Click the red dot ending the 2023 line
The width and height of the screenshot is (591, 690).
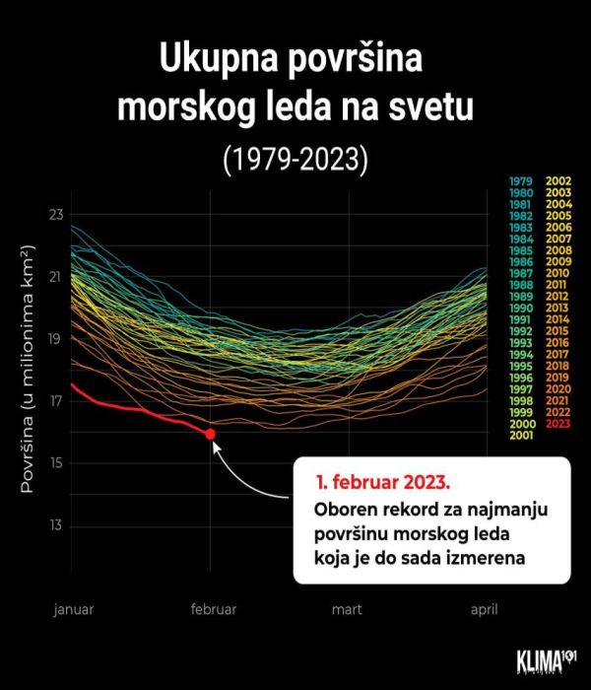click(x=210, y=434)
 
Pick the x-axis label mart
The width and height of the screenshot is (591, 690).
click(x=346, y=609)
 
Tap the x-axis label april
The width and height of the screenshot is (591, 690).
click(x=484, y=609)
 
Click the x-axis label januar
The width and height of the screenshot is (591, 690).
click(x=74, y=609)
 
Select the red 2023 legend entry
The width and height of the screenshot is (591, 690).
click(x=559, y=424)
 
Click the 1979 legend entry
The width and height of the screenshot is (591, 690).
click(x=522, y=181)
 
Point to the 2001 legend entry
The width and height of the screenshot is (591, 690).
click(x=522, y=436)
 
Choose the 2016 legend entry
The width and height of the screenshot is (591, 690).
click(x=559, y=343)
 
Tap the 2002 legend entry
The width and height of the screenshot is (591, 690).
click(x=559, y=181)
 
